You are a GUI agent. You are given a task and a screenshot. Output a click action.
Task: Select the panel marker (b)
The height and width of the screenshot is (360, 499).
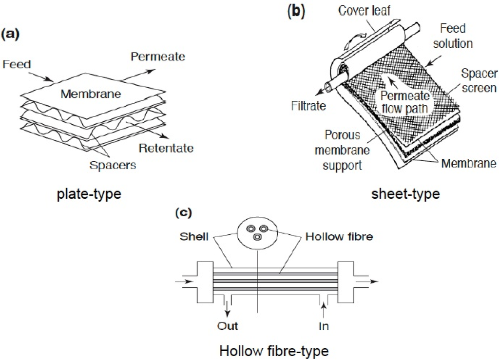click(x=297, y=10)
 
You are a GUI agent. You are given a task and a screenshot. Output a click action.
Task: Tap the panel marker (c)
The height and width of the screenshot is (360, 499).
click(x=183, y=212)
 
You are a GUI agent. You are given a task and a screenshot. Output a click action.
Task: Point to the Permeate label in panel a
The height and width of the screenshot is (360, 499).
click(x=158, y=57)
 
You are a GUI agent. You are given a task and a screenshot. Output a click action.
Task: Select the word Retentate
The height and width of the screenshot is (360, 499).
click(x=166, y=148)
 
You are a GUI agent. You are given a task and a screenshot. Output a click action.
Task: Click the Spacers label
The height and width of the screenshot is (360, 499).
click(x=113, y=165)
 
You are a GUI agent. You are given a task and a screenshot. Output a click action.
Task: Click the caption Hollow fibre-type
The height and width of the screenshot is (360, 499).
click(x=274, y=350)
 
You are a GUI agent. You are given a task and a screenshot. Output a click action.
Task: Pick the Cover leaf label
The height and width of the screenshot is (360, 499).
click(x=364, y=11)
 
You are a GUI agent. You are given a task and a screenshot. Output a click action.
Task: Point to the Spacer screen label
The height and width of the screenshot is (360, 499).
click(x=480, y=81)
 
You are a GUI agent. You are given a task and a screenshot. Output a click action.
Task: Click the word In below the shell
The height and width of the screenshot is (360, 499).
click(x=324, y=325)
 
